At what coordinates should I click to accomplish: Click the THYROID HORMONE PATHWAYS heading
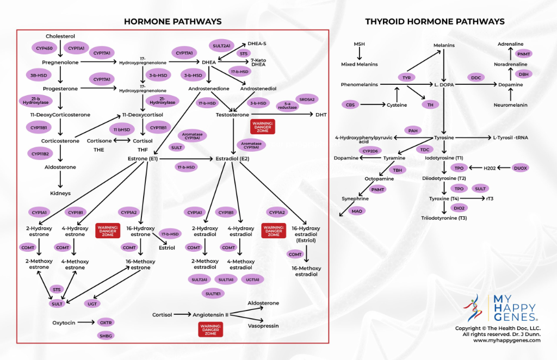pos(435,22)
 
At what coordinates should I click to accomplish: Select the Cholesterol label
pos(60,36)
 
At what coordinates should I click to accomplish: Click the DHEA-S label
pos(257,43)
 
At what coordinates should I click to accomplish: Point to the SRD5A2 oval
pos(308,98)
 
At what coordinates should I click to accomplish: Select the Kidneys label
pos(60,193)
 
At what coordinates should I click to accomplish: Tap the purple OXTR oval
pos(106,322)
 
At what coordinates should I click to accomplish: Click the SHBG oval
pos(106,336)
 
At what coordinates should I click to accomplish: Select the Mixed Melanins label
pos(360,64)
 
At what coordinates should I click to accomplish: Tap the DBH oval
pos(523,74)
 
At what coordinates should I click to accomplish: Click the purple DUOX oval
pos(521,168)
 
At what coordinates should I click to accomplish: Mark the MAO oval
pos(357,210)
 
